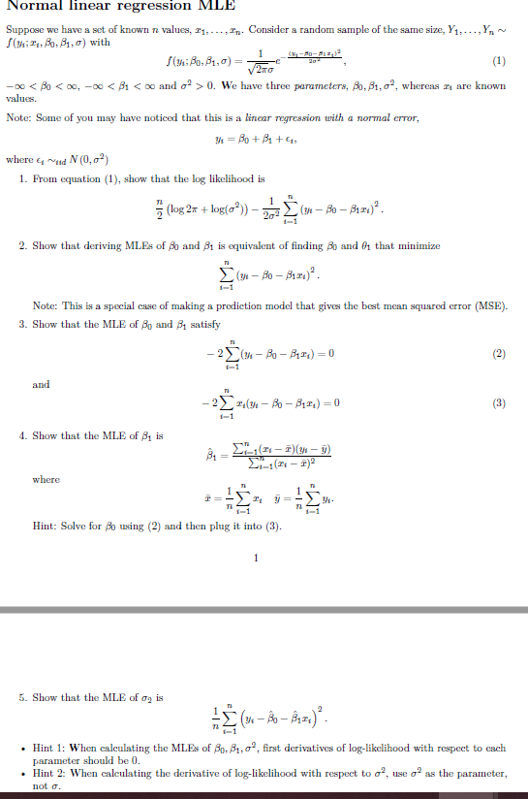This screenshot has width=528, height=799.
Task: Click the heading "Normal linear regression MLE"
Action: [x=114, y=7]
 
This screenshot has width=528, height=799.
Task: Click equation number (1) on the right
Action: [x=500, y=60]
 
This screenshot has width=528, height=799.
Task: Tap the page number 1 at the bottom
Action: [x=255, y=558]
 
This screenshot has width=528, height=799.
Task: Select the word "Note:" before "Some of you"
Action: [x=19, y=116]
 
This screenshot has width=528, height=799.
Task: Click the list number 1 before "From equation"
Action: [x=21, y=179]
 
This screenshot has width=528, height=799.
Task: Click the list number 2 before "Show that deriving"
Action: [x=21, y=246]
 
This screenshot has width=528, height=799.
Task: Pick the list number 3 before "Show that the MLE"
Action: [x=21, y=323]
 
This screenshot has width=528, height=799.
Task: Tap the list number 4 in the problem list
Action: [x=21, y=435]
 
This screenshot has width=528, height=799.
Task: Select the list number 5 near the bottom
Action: [x=21, y=697]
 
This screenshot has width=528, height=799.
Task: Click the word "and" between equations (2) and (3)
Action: [x=42, y=384]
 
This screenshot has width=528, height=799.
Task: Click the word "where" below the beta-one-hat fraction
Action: [x=46, y=479]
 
